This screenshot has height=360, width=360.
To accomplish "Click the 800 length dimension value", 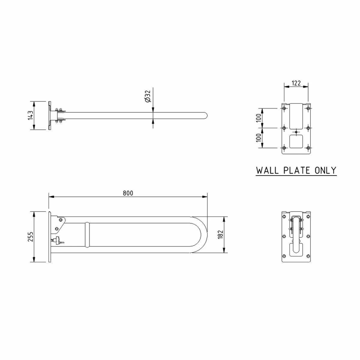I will pyautogui.click(x=128, y=193).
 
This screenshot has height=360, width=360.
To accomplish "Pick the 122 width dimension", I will pyautogui.click(x=296, y=83).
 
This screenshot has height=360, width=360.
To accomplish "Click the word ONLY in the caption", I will pyautogui.click(x=325, y=170).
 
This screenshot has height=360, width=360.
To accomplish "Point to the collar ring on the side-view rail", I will pyautogui.click(x=87, y=235).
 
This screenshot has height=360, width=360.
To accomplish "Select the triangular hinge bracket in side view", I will pyautogui.click(x=59, y=223).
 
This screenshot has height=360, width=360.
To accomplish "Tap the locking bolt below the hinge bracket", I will pyautogui.click(x=57, y=240).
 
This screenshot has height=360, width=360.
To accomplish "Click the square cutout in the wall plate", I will pyautogui.click(x=296, y=141).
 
